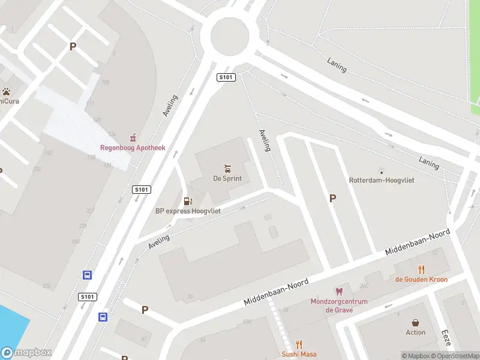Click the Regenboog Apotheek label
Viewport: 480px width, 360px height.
pos(132,148)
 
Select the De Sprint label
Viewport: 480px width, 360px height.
pos(227,178)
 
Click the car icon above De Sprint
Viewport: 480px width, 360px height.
pos(227,168)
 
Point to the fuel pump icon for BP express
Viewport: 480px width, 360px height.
pos(188,201)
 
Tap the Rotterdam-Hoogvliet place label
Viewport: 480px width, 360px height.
pos(382,180)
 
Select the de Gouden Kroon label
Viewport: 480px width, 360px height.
pos(421,279)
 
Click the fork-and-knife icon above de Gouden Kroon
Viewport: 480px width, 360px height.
pos(422,269)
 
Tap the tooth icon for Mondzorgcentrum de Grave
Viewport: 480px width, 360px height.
pos(338,292)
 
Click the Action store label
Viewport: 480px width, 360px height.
pos(415,332)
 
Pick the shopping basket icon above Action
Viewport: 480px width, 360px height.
pos(415,323)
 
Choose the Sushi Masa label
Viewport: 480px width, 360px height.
pos(299,355)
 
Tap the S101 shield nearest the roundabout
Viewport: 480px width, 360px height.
pos(226,77)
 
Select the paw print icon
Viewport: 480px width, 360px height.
pos(7,92)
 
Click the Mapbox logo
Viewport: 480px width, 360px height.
pos(26,353)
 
